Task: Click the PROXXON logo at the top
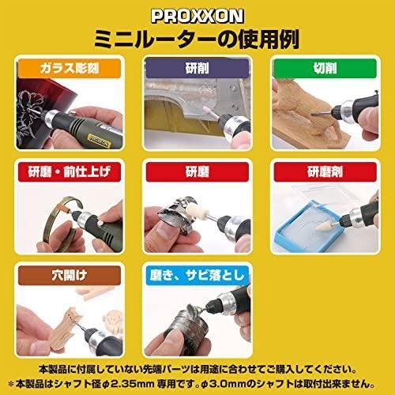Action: pos(197,14)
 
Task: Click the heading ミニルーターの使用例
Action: pos(197,37)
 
